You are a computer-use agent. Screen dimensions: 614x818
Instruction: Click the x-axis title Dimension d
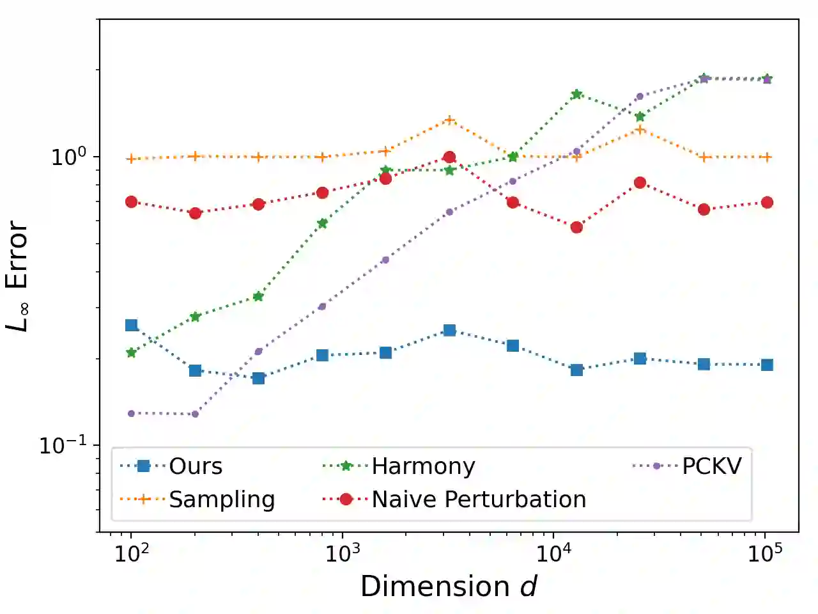point(449,586)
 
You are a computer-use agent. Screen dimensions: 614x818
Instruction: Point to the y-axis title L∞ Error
point(17,276)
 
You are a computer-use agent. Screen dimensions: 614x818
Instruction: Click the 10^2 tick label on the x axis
point(132,553)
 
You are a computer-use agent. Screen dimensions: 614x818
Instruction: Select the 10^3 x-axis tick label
point(343,553)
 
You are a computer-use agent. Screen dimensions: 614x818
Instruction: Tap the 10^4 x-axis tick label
point(553,553)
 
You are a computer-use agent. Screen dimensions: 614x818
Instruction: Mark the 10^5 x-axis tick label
point(764,553)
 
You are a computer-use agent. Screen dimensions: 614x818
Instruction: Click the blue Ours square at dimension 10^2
point(132,326)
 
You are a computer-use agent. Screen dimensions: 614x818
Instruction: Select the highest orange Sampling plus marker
point(449,120)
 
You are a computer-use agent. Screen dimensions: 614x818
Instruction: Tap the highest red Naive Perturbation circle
point(449,157)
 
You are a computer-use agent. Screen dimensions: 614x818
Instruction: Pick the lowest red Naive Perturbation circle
point(576,227)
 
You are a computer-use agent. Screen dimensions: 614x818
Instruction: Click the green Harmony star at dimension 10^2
point(132,352)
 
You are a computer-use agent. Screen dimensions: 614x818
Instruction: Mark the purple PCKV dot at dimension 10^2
point(132,413)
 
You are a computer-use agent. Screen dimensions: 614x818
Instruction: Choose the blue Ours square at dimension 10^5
point(767,365)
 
